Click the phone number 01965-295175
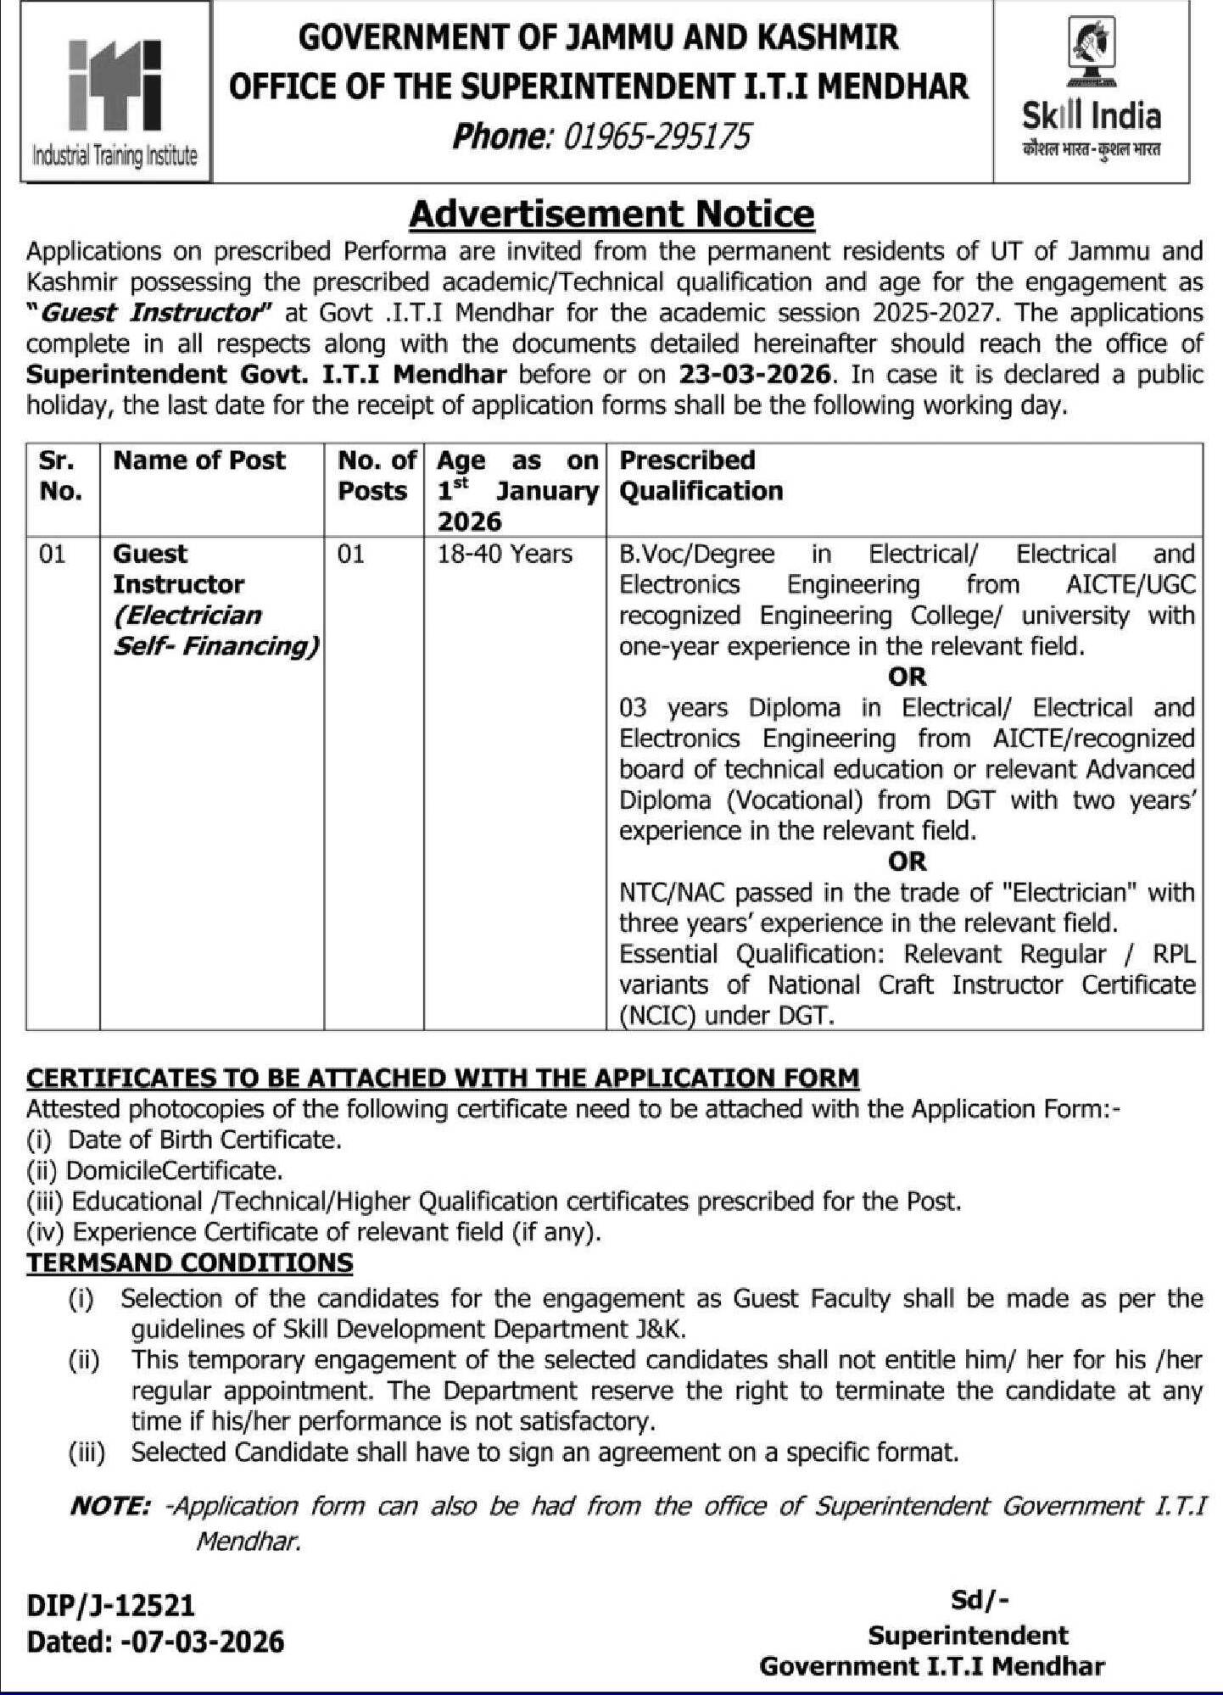(x=656, y=136)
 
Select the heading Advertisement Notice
(x=611, y=214)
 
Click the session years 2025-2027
(x=932, y=312)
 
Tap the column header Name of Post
(x=199, y=460)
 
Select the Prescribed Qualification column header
(x=701, y=476)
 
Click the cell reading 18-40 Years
(x=505, y=554)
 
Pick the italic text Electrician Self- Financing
(x=215, y=630)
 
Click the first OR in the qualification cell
(x=907, y=677)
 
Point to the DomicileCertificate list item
(x=173, y=1170)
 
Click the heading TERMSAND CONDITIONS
(x=189, y=1263)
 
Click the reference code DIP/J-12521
(x=110, y=1605)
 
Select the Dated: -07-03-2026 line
(x=155, y=1642)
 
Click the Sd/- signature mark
(x=980, y=1600)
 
